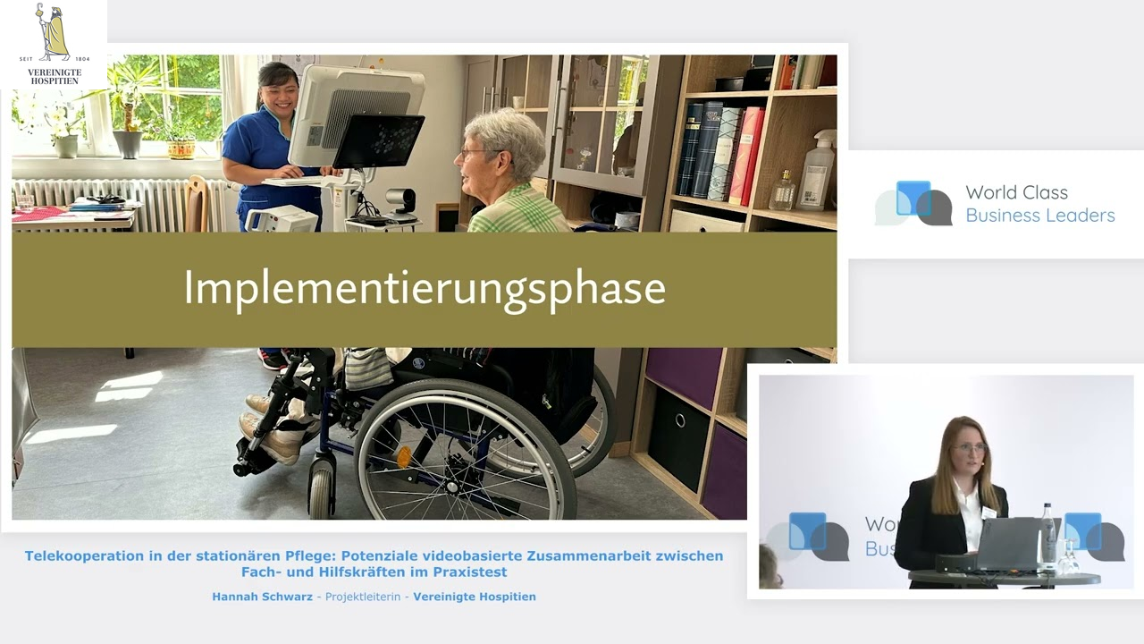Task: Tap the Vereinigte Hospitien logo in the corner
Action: [x=54, y=44]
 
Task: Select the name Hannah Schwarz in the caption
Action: [x=262, y=597]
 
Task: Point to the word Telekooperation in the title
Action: [x=85, y=556]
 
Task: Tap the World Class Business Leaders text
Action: [x=1039, y=204]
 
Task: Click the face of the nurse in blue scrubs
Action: [x=278, y=90]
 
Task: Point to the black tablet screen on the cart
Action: [x=378, y=140]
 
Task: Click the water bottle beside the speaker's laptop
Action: [x=1047, y=537]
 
